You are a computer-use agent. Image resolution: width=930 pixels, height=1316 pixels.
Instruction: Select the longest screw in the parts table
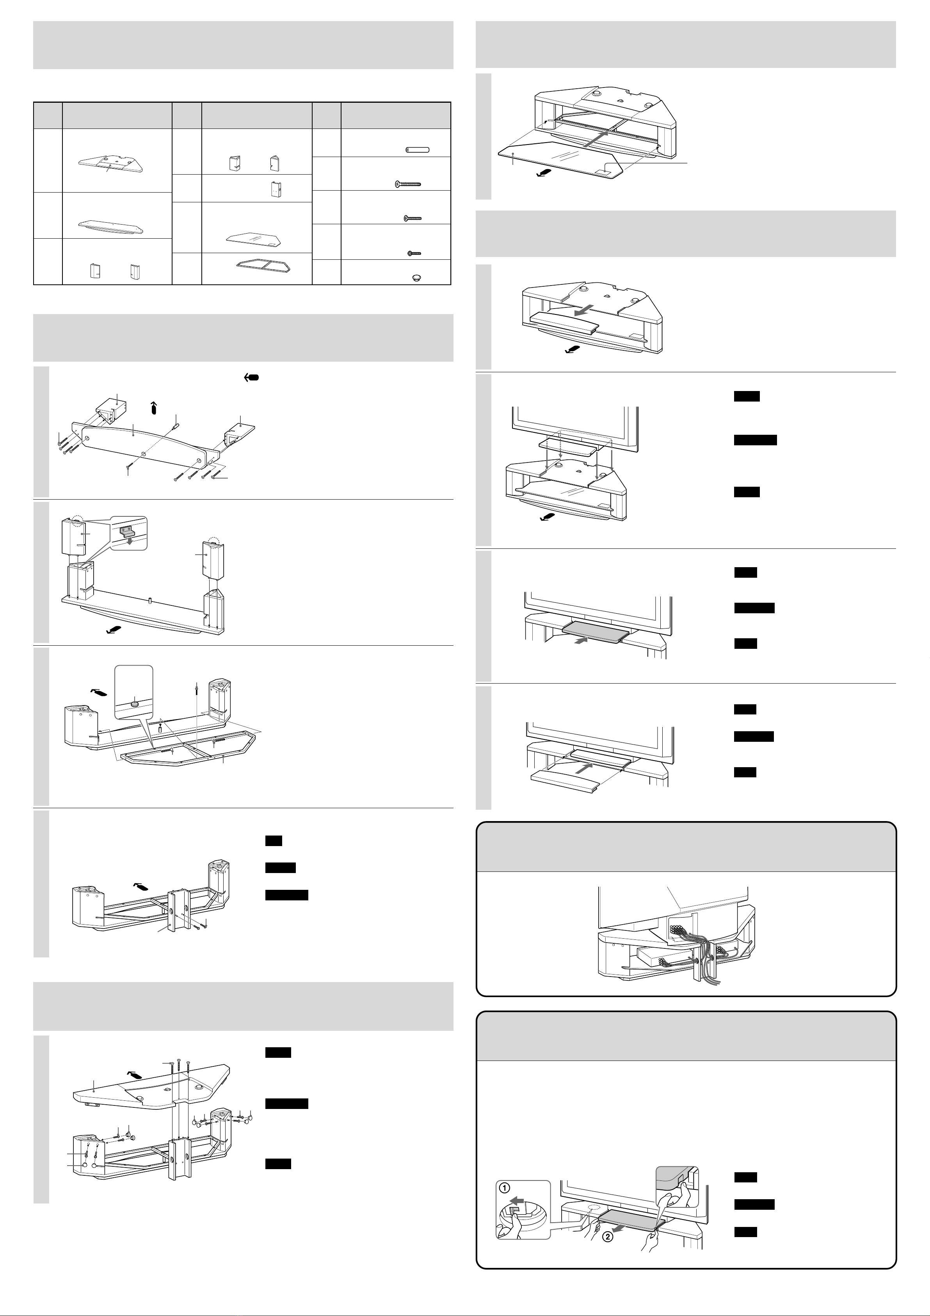pos(408,184)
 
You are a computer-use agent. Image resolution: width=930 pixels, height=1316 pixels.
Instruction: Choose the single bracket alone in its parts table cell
pos(276,189)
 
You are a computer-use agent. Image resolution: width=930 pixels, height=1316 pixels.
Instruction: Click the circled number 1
pos(506,1187)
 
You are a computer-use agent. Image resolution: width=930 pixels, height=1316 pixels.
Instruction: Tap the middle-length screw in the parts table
pos(413,218)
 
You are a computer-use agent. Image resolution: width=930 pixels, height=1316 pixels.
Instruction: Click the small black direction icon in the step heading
pos(251,378)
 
